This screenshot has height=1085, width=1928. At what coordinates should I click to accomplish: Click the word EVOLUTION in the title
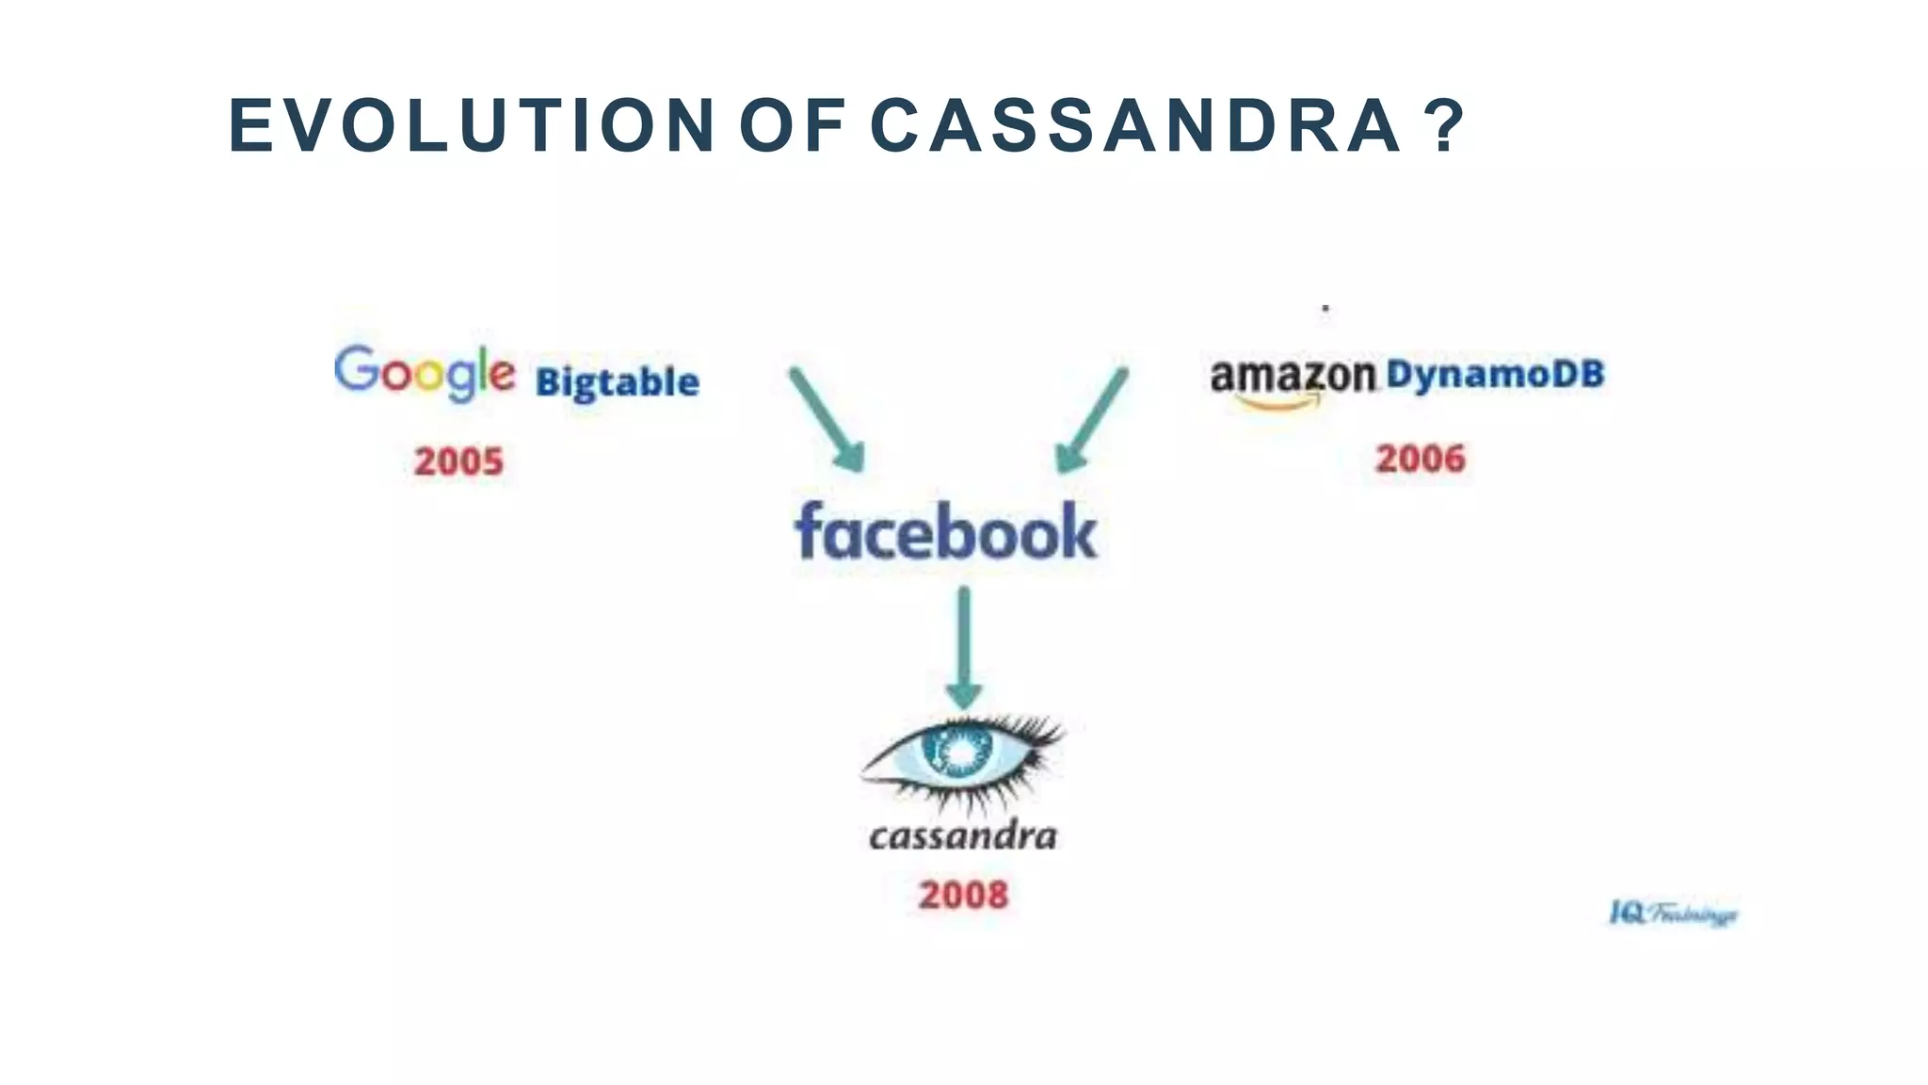pyautogui.click(x=471, y=126)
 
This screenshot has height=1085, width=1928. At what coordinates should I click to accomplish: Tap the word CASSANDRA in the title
pyautogui.click(x=1134, y=126)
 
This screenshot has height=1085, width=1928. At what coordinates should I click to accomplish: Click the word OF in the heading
pyautogui.click(x=791, y=126)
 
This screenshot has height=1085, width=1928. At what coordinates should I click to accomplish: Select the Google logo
pyautogui.click(x=425, y=373)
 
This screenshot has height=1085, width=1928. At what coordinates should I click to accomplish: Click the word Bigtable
pyautogui.click(x=618, y=382)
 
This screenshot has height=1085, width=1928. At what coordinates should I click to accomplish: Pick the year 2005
pyautogui.click(x=459, y=462)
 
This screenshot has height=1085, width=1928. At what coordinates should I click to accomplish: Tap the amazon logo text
pyautogui.click(x=1293, y=376)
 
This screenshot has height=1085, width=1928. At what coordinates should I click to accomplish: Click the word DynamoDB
pyautogui.click(x=1495, y=374)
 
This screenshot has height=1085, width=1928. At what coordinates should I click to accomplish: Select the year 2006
pyautogui.click(x=1421, y=459)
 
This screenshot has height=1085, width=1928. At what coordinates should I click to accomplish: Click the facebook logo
pyautogui.click(x=946, y=532)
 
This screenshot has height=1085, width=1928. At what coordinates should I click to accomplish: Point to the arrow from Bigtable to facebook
pyautogui.click(x=826, y=418)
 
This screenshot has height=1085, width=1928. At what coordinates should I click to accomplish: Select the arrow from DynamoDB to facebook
pyautogui.click(x=1092, y=419)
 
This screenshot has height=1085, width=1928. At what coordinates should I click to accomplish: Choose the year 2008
pyautogui.click(x=963, y=895)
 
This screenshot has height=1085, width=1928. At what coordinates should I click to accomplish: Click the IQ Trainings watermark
pyautogui.click(x=1674, y=914)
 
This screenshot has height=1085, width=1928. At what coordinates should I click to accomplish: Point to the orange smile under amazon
pyautogui.click(x=1277, y=403)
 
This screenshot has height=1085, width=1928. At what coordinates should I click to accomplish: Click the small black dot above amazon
pyautogui.click(x=1325, y=308)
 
